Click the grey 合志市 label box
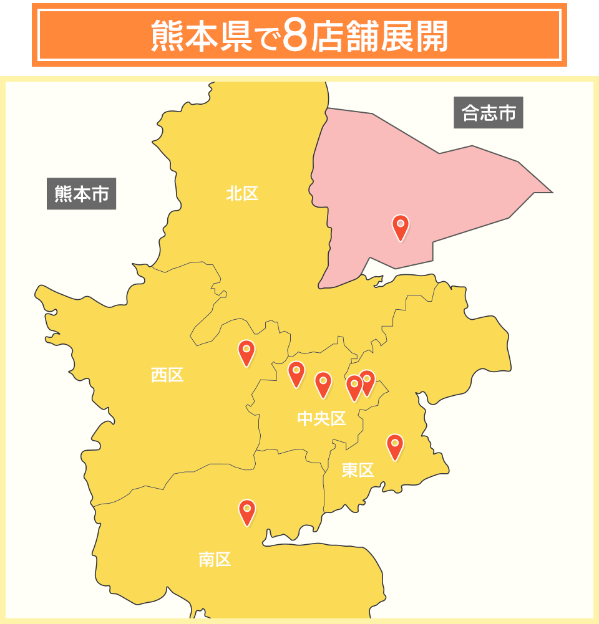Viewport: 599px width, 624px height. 488,113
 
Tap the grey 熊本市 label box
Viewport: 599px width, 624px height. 81,194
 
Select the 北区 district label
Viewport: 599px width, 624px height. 242,193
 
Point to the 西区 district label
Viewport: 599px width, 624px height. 167,375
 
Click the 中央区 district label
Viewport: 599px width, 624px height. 321,419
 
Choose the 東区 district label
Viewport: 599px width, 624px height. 358,470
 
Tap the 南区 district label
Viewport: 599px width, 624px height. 215,559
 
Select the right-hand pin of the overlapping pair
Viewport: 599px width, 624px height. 368,382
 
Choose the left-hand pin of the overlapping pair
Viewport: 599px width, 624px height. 353,387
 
